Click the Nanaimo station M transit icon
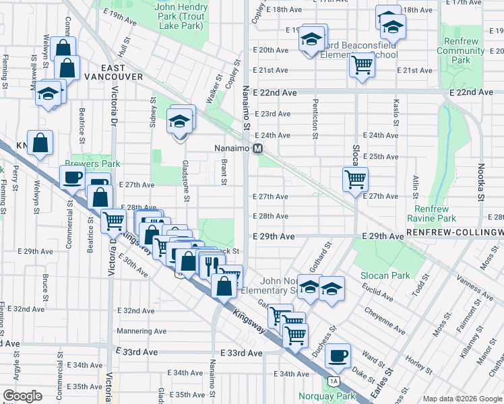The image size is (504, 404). tap(257, 149)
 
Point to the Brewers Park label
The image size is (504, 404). tap(92, 164)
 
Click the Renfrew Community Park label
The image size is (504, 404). tap(461, 50)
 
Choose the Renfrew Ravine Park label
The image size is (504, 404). tap(431, 213)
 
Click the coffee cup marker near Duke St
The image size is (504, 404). tap(338, 355)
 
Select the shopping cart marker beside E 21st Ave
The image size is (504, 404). tap(362, 65)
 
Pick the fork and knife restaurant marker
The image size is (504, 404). tap(211, 263)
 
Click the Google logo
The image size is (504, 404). tap(22, 396)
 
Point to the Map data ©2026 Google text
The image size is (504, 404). tap(462, 399)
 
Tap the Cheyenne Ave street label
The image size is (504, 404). tap(385, 316)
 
